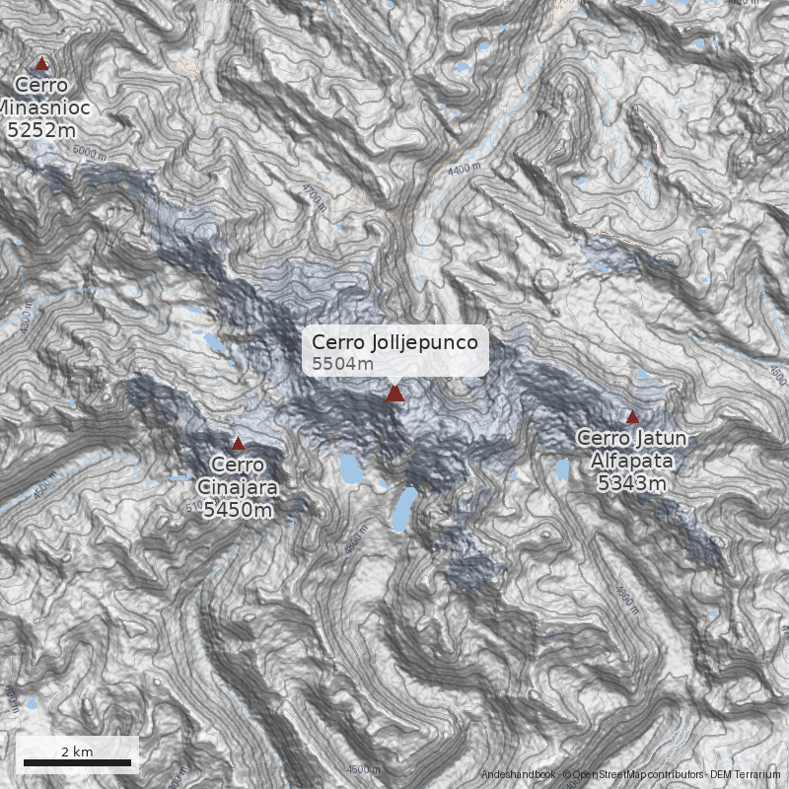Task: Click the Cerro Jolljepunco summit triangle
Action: pyautogui.click(x=394, y=394)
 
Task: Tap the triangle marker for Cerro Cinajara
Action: pyautogui.click(x=238, y=444)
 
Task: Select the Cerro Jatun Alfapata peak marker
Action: pyautogui.click(x=632, y=417)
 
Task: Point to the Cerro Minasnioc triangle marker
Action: pyautogui.click(x=41, y=64)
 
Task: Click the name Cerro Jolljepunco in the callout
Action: pyautogui.click(x=394, y=342)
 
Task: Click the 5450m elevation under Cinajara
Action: pyautogui.click(x=237, y=509)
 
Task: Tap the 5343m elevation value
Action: pyautogui.click(x=631, y=482)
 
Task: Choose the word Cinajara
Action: pyautogui.click(x=237, y=486)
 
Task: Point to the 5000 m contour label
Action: pyautogui.click(x=89, y=152)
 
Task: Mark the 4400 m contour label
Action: pyautogui.click(x=464, y=170)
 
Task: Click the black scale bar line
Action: pyautogui.click(x=77, y=762)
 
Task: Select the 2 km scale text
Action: pyautogui.click(x=77, y=752)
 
